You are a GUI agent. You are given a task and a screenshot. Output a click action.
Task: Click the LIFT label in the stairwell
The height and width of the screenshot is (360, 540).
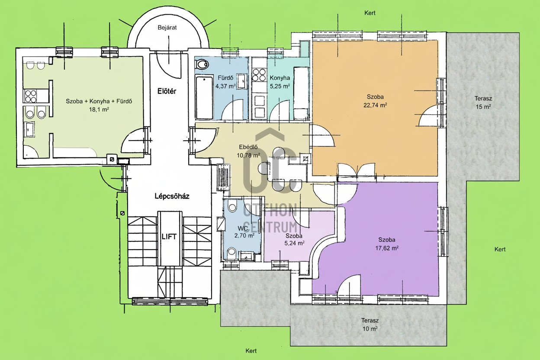(x=169, y=237)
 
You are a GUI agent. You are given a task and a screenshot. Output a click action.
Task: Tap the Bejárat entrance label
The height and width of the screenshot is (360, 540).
(x=167, y=28)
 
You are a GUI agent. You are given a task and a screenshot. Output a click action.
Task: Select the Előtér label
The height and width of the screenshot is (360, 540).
(x=167, y=91)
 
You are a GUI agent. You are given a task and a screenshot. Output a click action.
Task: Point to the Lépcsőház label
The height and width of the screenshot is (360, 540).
(x=172, y=196)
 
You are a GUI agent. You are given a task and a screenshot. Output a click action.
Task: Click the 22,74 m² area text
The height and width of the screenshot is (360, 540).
(x=375, y=105)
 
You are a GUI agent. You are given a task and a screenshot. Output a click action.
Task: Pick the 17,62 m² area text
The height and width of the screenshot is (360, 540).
(x=387, y=248)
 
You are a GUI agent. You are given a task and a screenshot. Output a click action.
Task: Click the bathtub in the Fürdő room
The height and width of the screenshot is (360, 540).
(x=204, y=97)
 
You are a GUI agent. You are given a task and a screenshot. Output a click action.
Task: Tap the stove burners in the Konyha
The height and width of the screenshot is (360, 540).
(x=259, y=75)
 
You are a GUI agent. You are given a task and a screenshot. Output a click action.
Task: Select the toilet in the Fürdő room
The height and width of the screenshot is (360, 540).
(x=202, y=64)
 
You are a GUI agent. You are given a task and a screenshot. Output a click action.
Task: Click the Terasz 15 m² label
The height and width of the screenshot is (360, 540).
(x=483, y=103)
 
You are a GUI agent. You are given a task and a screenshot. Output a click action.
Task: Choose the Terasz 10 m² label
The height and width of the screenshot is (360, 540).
(x=370, y=325)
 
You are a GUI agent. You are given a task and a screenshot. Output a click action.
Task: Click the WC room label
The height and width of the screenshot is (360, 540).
(x=243, y=228)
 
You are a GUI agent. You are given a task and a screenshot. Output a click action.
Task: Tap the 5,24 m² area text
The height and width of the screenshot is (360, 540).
(x=294, y=243)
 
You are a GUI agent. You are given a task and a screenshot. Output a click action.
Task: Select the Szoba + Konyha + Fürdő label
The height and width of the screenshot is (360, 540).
(x=99, y=101)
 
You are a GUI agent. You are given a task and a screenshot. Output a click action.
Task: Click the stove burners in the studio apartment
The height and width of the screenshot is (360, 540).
(x=31, y=96)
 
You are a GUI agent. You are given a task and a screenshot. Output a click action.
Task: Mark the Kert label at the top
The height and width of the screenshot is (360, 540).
(x=370, y=13)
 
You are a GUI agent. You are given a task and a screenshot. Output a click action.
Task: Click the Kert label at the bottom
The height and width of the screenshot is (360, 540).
(x=251, y=351)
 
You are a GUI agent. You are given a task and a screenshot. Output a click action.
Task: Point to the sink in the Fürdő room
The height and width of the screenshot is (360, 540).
(x=241, y=81)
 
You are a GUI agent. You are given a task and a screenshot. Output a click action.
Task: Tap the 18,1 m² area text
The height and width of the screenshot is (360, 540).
(x=99, y=109)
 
